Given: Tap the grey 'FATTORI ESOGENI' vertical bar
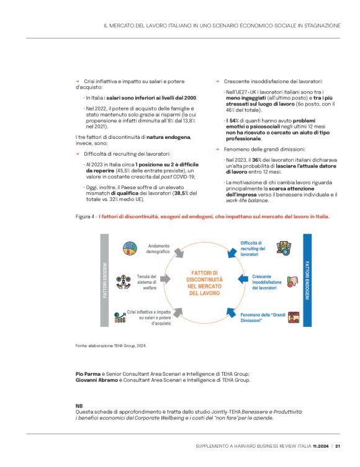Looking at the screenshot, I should tap(105, 282).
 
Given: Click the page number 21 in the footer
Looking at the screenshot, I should tap(337, 445).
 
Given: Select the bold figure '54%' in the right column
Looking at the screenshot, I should tap(233, 120).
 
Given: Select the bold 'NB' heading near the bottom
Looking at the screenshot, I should tap(78, 405).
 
